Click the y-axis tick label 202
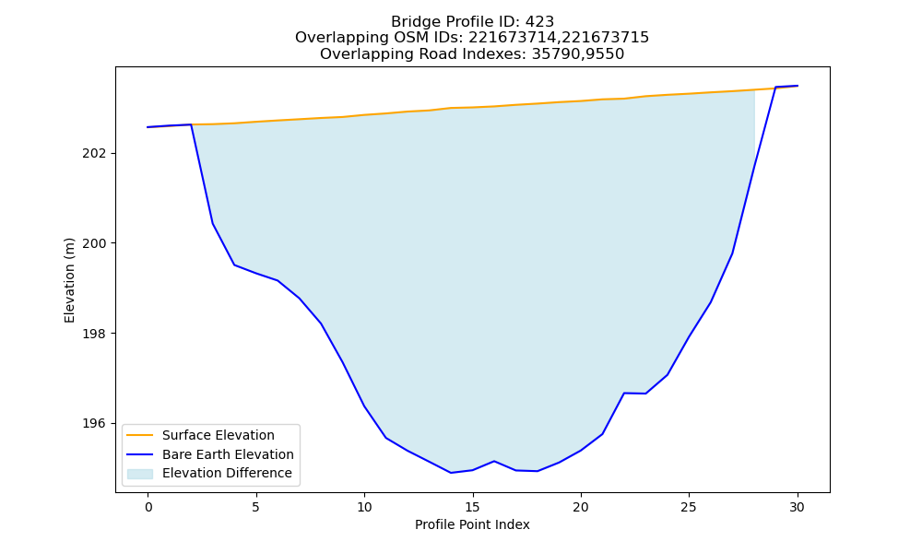(x=95, y=153)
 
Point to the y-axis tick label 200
(x=95, y=243)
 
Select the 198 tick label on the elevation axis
(x=95, y=334)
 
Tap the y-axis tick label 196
(x=95, y=423)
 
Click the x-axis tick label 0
(x=148, y=507)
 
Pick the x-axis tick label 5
(x=255, y=507)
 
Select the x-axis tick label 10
(x=364, y=507)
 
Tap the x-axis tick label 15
(x=472, y=507)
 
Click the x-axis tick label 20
(x=580, y=507)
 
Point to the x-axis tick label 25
(x=689, y=507)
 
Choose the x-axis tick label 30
(x=797, y=507)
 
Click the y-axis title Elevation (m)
(x=69, y=280)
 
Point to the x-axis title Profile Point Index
(x=472, y=524)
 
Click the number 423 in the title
(x=539, y=22)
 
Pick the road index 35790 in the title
(x=554, y=54)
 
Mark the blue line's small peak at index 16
(x=494, y=461)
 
